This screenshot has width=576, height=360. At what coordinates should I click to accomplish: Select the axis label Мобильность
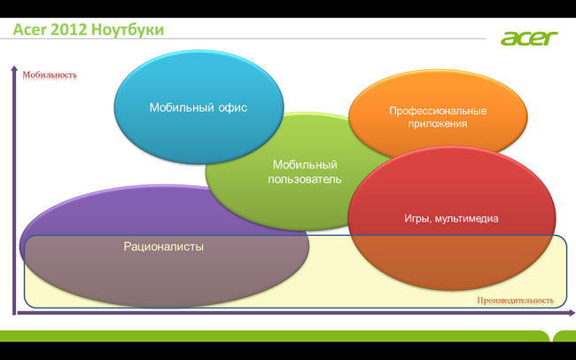tap(51, 74)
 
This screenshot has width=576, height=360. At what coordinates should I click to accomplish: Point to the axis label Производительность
tap(515, 301)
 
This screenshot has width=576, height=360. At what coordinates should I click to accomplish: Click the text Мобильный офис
tap(198, 107)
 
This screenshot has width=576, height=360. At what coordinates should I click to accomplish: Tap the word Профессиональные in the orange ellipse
tap(438, 111)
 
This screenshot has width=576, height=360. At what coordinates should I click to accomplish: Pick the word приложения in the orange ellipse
tap(438, 124)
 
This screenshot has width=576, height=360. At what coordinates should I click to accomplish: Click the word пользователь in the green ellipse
tap(304, 179)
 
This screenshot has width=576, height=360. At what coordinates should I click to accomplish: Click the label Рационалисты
tap(164, 246)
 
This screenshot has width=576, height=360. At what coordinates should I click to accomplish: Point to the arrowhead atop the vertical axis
tap(14, 68)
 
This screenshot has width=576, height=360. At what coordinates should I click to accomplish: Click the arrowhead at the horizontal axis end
tap(564, 312)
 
